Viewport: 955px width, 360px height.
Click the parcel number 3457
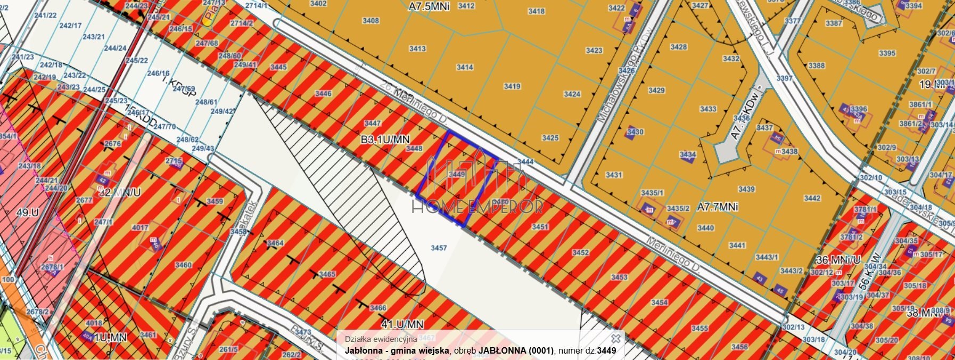pos(439,248)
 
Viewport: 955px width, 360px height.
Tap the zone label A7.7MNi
pos(718,207)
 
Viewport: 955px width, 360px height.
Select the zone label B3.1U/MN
pos(385,140)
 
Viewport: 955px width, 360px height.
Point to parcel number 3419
pos(512,86)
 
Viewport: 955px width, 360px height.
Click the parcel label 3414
pos(465,67)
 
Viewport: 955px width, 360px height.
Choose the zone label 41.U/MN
pos(402,324)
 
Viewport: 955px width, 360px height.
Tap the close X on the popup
pos(615,338)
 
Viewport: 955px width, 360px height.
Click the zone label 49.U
pos(27,212)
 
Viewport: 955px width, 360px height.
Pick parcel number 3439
pos(746,189)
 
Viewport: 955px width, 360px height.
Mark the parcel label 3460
pos(183,265)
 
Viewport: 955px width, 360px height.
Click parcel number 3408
pos(371,21)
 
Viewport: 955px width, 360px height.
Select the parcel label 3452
pos(580,252)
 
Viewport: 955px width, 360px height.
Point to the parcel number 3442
pos(812,198)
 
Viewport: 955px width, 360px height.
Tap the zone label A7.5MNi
pos(429,7)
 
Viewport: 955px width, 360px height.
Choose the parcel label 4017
pos(140,228)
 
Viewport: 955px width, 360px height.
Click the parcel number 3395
pos(887,53)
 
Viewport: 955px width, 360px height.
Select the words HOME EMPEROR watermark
pos(477,206)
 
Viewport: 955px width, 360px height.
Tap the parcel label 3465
pos(327,274)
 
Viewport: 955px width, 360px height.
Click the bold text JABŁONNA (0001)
pos(516,350)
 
